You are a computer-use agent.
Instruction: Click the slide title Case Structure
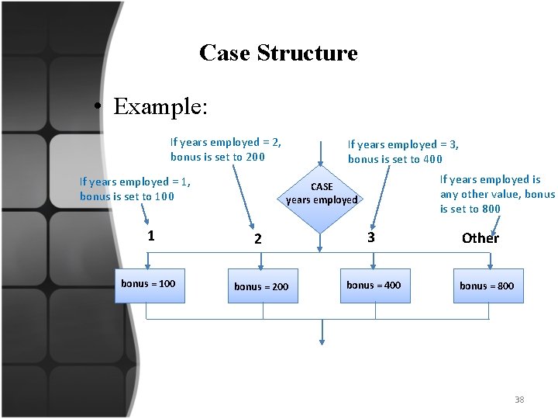click(278, 53)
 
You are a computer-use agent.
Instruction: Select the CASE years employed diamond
click(322, 193)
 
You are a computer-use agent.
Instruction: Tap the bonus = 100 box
click(150, 285)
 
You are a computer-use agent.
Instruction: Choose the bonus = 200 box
click(262, 286)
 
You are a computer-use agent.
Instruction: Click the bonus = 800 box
click(487, 286)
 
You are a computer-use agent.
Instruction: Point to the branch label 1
click(151, 236)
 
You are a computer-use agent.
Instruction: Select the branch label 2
click(258, 240)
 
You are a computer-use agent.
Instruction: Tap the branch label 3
click(371, 237)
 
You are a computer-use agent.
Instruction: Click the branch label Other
click(480, 238)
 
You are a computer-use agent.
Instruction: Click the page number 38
click(519, 400)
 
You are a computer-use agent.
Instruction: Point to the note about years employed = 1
click(135, 189)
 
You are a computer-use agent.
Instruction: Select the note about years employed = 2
click(226, 149)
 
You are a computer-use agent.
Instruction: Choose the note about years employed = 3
click(403, 151)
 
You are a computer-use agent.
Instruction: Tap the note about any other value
click(497, 194)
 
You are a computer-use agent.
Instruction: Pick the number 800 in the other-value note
click(491, 209)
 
